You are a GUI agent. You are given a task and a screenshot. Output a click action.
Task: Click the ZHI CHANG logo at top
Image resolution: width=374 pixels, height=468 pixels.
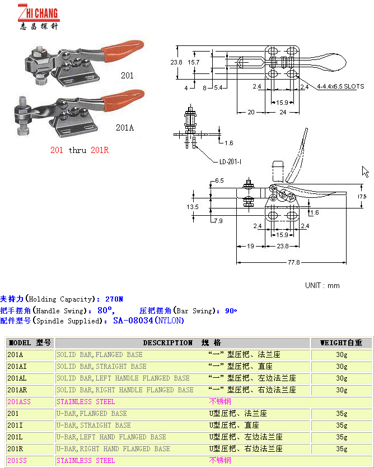pyautogui.click(x=38, y=16)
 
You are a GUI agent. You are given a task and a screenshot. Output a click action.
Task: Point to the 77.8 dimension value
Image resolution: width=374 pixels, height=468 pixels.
pyautogui.click(x=293, y=262)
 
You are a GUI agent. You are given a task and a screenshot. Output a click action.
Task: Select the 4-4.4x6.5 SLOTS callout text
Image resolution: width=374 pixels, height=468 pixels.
pyautogui.click(x=340, y=87)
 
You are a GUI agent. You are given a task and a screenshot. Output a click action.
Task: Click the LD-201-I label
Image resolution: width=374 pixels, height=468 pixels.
pyautogui.click(x=230, y=162)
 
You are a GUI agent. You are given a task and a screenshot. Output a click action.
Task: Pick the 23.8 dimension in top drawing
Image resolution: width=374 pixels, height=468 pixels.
pyautogui.click(x=176, y=62)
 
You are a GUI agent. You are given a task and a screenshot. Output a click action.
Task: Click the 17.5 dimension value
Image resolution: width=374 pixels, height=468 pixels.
pyautogui.click(x=362, y=197)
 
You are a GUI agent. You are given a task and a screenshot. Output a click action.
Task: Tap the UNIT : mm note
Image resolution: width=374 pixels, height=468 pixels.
pyautogui.click(x=322, y=285)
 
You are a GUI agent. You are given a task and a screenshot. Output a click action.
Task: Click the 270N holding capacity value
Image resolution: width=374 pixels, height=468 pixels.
pyautogui.click(x=114, y=299)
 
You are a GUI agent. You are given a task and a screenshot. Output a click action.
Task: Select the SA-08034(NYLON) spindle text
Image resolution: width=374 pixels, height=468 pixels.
pyautogui.click(x=148, y=321)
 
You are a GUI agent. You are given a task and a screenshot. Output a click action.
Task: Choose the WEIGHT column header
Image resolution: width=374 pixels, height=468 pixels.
pyautogui.click(x=341, y=343)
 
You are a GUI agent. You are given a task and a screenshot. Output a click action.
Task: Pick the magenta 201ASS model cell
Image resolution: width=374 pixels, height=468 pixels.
pyautogui.click(x=19, y=402)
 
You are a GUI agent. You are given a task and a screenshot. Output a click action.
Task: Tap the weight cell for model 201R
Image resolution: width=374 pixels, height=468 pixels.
pyautogui.click(x=342, y=449)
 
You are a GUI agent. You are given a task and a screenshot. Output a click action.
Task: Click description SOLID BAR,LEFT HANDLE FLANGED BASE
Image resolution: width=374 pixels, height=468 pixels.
pyautogui.click(x=123, y=378)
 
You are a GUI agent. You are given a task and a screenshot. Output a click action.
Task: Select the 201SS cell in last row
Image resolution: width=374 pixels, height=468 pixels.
pyautogui.click(x=17, y=461)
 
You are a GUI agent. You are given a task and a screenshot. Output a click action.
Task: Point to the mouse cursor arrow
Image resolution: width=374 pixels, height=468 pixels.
pyautogui.click(x=365, y=171)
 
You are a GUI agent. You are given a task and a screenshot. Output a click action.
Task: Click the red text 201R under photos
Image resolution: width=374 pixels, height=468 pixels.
pyautogui.click(x=99, y=150)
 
